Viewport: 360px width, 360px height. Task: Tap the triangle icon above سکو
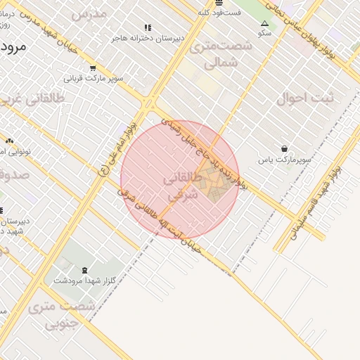tap(264, 24)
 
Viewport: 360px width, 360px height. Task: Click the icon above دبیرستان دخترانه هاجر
tap(147, 28)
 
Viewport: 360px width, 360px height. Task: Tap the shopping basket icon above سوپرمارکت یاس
tap(284, 148)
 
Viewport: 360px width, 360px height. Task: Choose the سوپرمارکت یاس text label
tap(283, 160)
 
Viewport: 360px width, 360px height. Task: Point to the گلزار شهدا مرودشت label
tap(85, 280)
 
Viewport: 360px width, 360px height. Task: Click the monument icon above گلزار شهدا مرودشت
tap(85, 270)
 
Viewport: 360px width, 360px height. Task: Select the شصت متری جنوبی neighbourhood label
tap(63, 315)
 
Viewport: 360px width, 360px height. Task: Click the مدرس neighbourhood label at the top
tap(89, 13)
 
